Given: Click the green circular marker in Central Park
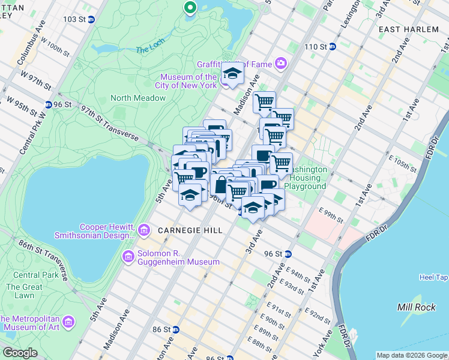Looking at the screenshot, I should tap(190, 7).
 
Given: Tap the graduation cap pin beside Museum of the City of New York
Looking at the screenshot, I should tap(231, 75).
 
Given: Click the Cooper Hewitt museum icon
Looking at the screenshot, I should tap(143, 230).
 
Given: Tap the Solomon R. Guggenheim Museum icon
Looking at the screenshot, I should tap(128, 257).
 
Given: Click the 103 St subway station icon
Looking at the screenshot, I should tap(91, 19).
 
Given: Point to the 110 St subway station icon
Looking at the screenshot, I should tap(331, 46).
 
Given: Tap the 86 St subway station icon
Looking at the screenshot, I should tap(176, 329).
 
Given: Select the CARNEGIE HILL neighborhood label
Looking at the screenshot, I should tap(190, 230).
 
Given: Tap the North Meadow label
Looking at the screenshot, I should tap(129, 98).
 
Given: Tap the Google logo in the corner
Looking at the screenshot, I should tap(20, 352).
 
